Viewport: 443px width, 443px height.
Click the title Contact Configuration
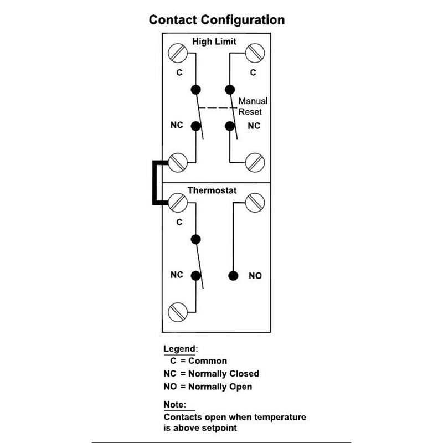[x=217, y=20]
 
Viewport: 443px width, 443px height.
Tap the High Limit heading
[x=214, y=42]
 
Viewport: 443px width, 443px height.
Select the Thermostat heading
[x=212, y=190]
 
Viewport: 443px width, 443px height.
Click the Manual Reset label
[x=253, y=106]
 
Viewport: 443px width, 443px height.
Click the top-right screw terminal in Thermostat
[x=255, y=202]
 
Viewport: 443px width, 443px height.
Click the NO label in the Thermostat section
[x=255, y=275]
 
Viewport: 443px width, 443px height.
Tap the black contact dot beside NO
[x=233, y=275]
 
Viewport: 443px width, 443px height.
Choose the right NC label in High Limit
[x=253, y=126]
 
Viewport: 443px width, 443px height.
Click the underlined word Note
[x=175, y=404]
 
